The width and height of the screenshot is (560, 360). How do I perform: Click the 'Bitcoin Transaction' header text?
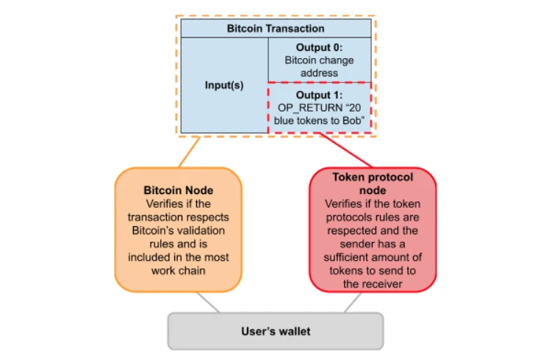click(276, 29)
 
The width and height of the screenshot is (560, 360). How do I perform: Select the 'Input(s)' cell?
click(223, 85)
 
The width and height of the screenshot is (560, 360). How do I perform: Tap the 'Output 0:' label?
click(319, 47)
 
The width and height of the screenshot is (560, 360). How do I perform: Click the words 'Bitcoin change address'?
click(319, 66)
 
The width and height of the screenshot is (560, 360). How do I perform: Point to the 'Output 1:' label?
click(319, 95)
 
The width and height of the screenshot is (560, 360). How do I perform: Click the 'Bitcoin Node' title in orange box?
click(178, 190)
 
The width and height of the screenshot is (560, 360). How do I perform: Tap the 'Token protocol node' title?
click(373, 183)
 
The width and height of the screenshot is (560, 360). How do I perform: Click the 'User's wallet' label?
click(276, 331)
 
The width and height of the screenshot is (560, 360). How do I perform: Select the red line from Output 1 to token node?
click(345, 150)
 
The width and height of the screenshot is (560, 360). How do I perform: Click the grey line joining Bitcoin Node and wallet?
click(208, 302)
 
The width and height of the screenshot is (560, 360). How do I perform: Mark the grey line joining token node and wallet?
click(351, 302)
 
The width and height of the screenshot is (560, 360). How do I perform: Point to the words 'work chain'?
click(178, 270)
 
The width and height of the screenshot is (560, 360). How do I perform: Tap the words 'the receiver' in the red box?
click(373, 283)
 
